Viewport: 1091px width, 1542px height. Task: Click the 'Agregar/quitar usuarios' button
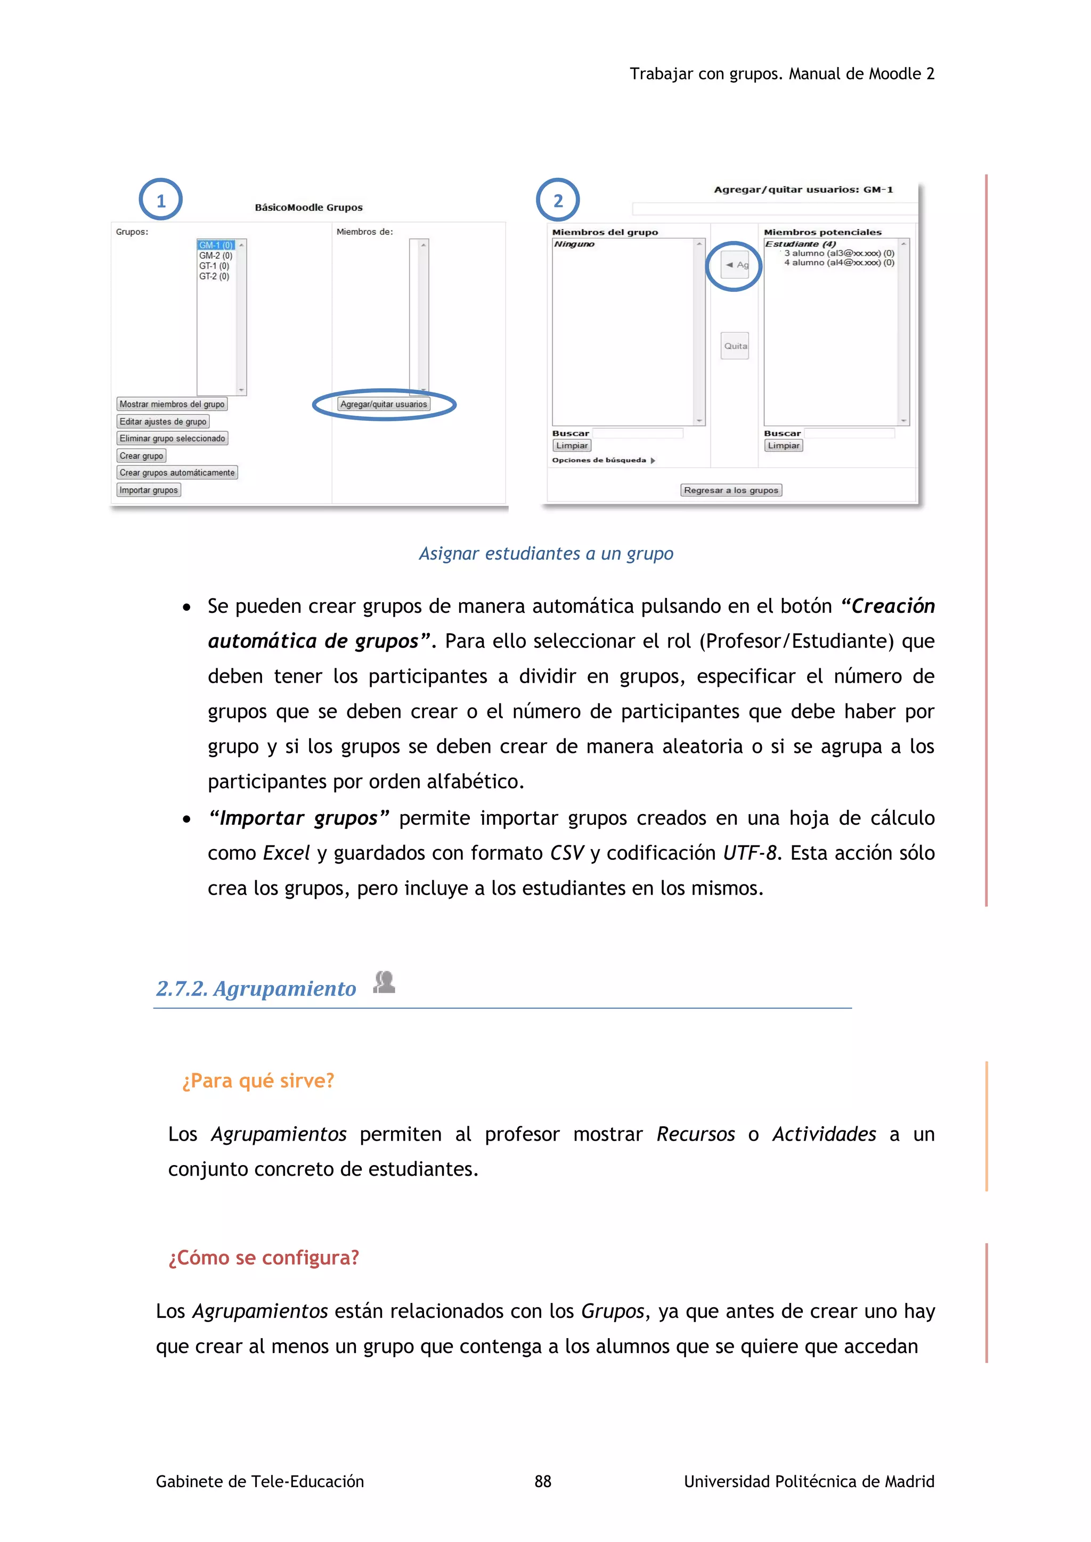(x=384, y=404)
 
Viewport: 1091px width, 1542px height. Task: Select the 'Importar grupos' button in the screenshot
(x=149, y=490)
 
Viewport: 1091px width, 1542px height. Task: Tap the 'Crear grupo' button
(x=141, y=456)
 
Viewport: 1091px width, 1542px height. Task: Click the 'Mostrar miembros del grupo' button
(x=172, y=404)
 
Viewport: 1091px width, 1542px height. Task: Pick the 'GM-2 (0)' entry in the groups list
(x=216, y=256)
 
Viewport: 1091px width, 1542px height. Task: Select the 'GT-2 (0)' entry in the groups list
(x=214, y=277)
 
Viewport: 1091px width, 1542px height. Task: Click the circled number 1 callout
(x=160, y=200)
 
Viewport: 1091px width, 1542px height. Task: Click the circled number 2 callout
(x=558, y=200)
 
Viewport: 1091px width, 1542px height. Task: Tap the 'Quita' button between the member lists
(x=735, y=346)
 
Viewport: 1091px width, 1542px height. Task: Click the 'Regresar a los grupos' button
(x=731, y=490)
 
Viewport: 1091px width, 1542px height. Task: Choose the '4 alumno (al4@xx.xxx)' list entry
(x=838, y=263)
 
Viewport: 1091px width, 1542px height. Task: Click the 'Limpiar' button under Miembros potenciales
(x=783, y=445)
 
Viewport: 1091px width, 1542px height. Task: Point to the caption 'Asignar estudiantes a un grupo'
(x=545, y=553)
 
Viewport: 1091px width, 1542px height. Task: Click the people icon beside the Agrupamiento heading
(x=384, y=982)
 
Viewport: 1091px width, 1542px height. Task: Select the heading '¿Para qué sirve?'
(x=258, y=1080)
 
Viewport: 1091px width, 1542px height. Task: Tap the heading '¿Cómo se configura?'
(x=264, y=1257)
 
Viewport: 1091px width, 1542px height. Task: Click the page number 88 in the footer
(x=543, y=1481)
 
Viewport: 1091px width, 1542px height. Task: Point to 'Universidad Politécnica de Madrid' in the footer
(x=809, y=1481)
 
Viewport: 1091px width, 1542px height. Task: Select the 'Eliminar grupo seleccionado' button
(x=172, y=439)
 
